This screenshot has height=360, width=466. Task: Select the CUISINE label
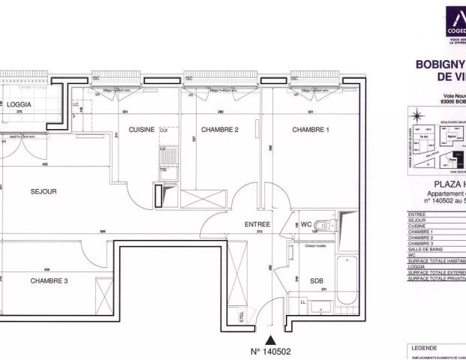tap(141, 130)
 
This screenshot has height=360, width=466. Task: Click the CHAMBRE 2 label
tap(220, 130)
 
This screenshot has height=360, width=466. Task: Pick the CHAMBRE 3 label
tap(50, 280)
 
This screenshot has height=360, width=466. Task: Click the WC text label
tap(306, 224)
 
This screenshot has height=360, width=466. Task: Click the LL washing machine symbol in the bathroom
tap(302, 301)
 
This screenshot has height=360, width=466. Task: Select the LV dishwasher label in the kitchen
tap(163, 149)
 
